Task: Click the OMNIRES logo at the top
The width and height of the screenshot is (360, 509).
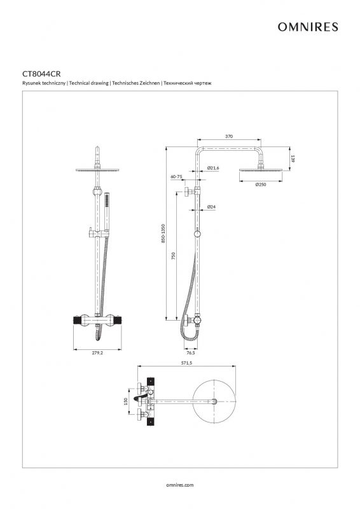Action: (308, 27)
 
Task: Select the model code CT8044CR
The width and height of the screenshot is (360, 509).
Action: (41, 74)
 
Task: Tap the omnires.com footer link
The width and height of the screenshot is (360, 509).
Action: (179, 485)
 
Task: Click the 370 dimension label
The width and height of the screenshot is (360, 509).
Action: (229, 136)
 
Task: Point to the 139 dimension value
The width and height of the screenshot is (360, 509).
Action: (293, 158)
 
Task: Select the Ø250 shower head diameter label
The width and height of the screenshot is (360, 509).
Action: (261, 185)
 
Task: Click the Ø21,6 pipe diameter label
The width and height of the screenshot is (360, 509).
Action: (213, 168)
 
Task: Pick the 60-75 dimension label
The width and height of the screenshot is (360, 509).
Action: (177, 177)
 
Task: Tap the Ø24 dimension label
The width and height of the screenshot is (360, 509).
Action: (211, 207)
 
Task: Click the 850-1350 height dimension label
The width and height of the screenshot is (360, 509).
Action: (163, 233)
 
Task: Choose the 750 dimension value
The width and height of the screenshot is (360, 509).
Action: (174, 256)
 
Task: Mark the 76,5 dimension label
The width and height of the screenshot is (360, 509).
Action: (191, 353)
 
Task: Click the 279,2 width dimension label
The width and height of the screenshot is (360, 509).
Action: (97, 353)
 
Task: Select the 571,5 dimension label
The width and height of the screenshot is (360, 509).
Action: (186, 363)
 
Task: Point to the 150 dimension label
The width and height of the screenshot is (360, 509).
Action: (126, 402)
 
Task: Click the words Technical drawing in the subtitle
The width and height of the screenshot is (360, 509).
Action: (88, 83)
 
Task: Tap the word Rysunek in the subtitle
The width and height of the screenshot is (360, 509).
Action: (30, 83)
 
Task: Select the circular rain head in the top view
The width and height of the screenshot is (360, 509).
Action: (214, 401)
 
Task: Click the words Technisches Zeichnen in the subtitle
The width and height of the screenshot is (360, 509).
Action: (136, 83)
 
